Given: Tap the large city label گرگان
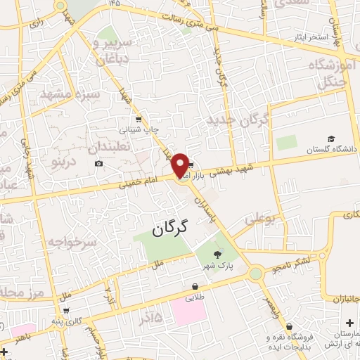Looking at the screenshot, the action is pyautogui.click(x=171, y=227).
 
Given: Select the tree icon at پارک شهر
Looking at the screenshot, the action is pyautogui.click(x=217, y=256).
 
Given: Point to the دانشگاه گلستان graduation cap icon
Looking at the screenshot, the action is pyautogui.click(x=331, y=139).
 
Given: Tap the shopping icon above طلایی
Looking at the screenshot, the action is pyautogui.click(x=194, y=287).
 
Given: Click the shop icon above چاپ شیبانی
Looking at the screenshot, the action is pyautogui.click(x=139, y=119).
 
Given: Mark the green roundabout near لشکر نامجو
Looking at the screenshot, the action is pyautogui.click(x=255, y=273).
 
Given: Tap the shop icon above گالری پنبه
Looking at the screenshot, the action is pyautogui.click(x=66, y=311).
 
